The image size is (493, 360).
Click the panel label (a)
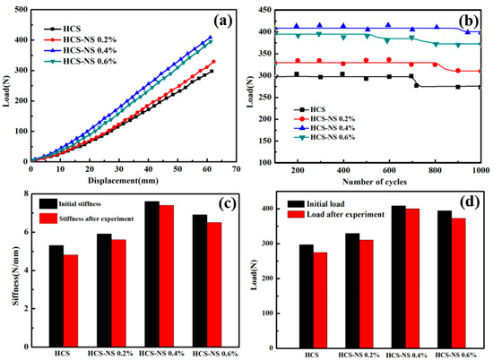pos(221,18)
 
